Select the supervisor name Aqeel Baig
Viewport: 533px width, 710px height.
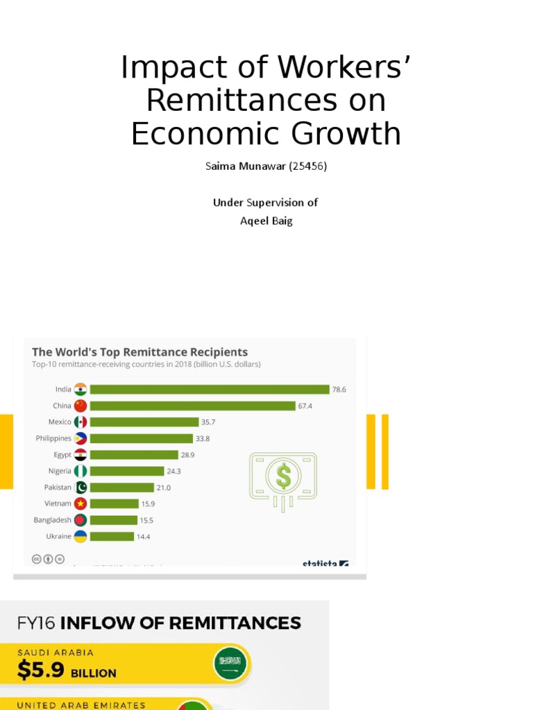(266, 221)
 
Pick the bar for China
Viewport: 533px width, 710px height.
(192, 406)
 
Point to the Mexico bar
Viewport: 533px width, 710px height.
(144, 422)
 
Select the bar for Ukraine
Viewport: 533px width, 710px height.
(112, 536)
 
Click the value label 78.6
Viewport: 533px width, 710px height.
(339, 390)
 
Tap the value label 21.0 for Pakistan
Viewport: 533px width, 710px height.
(163, 487)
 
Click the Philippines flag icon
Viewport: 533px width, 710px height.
(81, 438)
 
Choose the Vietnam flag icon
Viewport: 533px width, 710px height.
(81, 503)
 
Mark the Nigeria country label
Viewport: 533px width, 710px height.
(60, 471)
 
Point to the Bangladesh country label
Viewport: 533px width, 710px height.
(52, 519)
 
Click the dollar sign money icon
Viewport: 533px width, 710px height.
(283, 476)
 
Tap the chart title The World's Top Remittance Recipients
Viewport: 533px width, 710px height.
(139, 352)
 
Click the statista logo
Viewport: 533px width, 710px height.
(325, 564)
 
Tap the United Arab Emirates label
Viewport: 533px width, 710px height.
(81, 705)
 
